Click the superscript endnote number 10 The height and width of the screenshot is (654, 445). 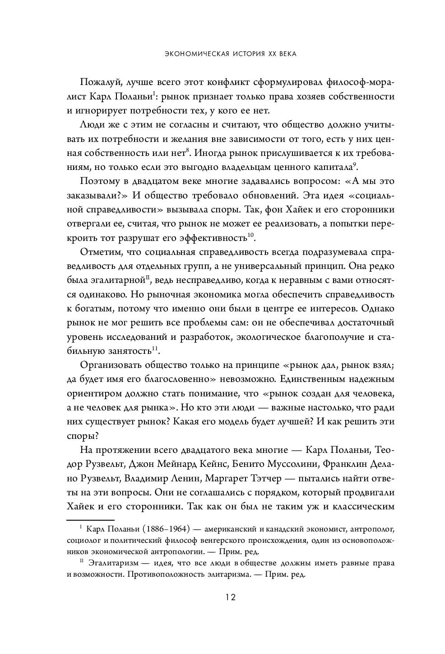tap(251, 235)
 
